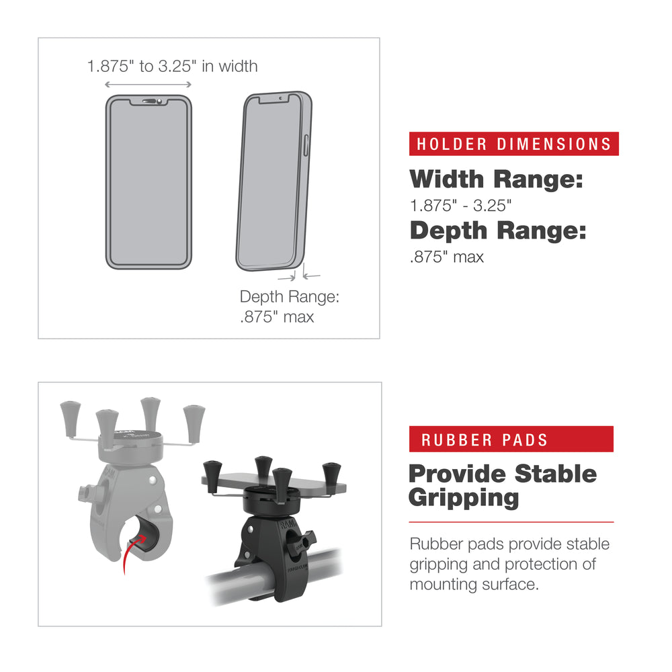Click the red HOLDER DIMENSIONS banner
[x=513, y=144]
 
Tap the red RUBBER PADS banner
[x=511, y=439]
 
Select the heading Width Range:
[x=496, y=179]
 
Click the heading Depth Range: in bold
[x=498, y=230]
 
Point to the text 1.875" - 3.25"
[x=460, y=206]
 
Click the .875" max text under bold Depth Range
[x=447, y=257]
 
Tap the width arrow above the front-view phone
[x=149, y=85]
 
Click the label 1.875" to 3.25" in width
[x=172, y=66]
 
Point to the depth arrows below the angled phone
[x=299, y=275]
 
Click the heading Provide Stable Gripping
[x=502, y=485]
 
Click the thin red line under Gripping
[x=511, y=521]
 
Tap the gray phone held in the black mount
[x=276, y=480]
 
